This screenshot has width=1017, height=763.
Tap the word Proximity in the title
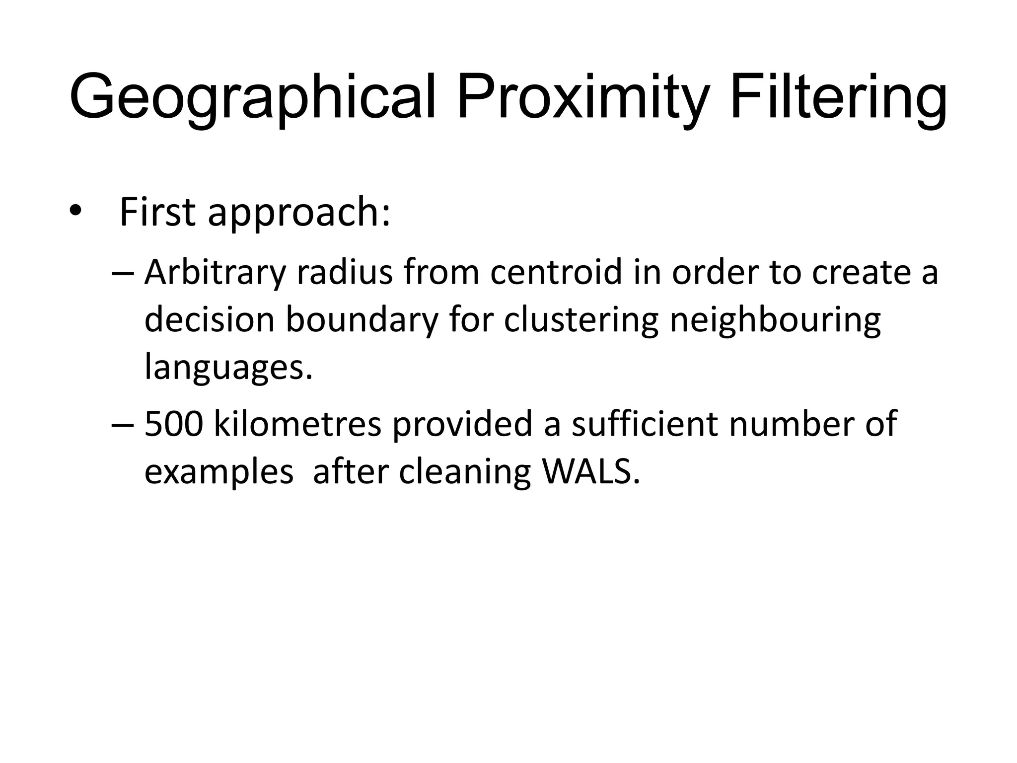pyautogui.click(x=581, y=97)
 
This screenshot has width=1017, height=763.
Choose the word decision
pyautogui.click(x=209, y=320)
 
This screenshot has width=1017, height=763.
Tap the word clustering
pyautogui.click(x=581, y=321)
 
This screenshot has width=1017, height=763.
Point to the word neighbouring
pyautogui.click(x=775, y=321)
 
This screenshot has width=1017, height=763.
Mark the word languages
pyautogui.click(x=229, y=368)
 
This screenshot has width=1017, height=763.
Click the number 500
pyautogui.click(x=174, y=425)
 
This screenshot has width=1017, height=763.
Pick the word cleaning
pyautogui.click(x=465, y=472)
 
